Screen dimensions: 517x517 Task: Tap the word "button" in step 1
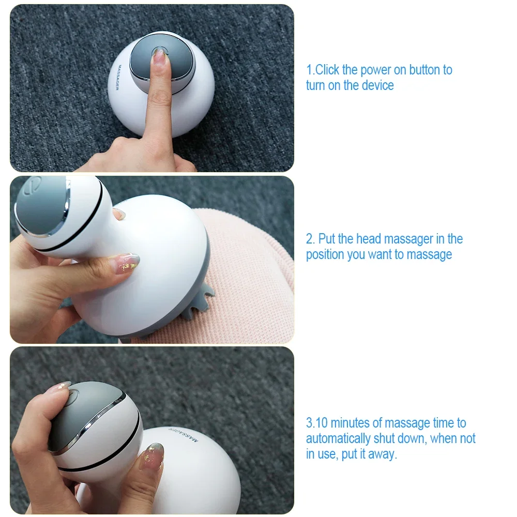coord(424,70)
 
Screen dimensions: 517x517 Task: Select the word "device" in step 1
coord(378,85)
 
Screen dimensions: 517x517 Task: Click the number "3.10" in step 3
coord(317,423)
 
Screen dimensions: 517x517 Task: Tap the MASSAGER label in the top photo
coord(118,78)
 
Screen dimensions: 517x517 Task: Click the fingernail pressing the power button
coord(159,55)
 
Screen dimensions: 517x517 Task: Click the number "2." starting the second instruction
coord(311,239)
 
